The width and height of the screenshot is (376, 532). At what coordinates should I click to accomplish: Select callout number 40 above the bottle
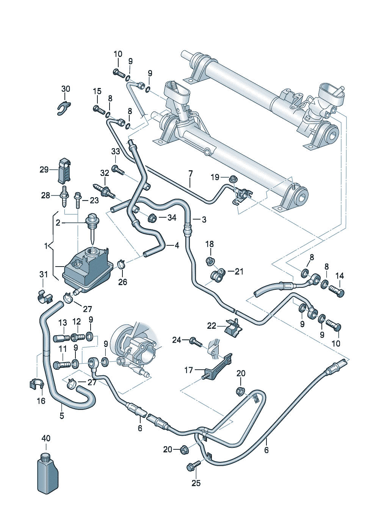pos(46,438)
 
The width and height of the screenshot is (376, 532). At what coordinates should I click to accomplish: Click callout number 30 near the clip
pos(66,89)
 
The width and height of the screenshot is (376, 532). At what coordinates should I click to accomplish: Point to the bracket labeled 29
pos(65,169)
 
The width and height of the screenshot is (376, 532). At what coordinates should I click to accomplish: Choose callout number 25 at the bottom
pos(196,483)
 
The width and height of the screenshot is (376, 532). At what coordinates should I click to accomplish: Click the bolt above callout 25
pos(193,466)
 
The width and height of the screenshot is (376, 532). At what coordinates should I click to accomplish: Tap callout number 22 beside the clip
pos(211,326)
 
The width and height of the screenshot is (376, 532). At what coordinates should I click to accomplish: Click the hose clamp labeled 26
pos(122,264)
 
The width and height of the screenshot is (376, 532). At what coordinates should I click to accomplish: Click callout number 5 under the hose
pos(62,416)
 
